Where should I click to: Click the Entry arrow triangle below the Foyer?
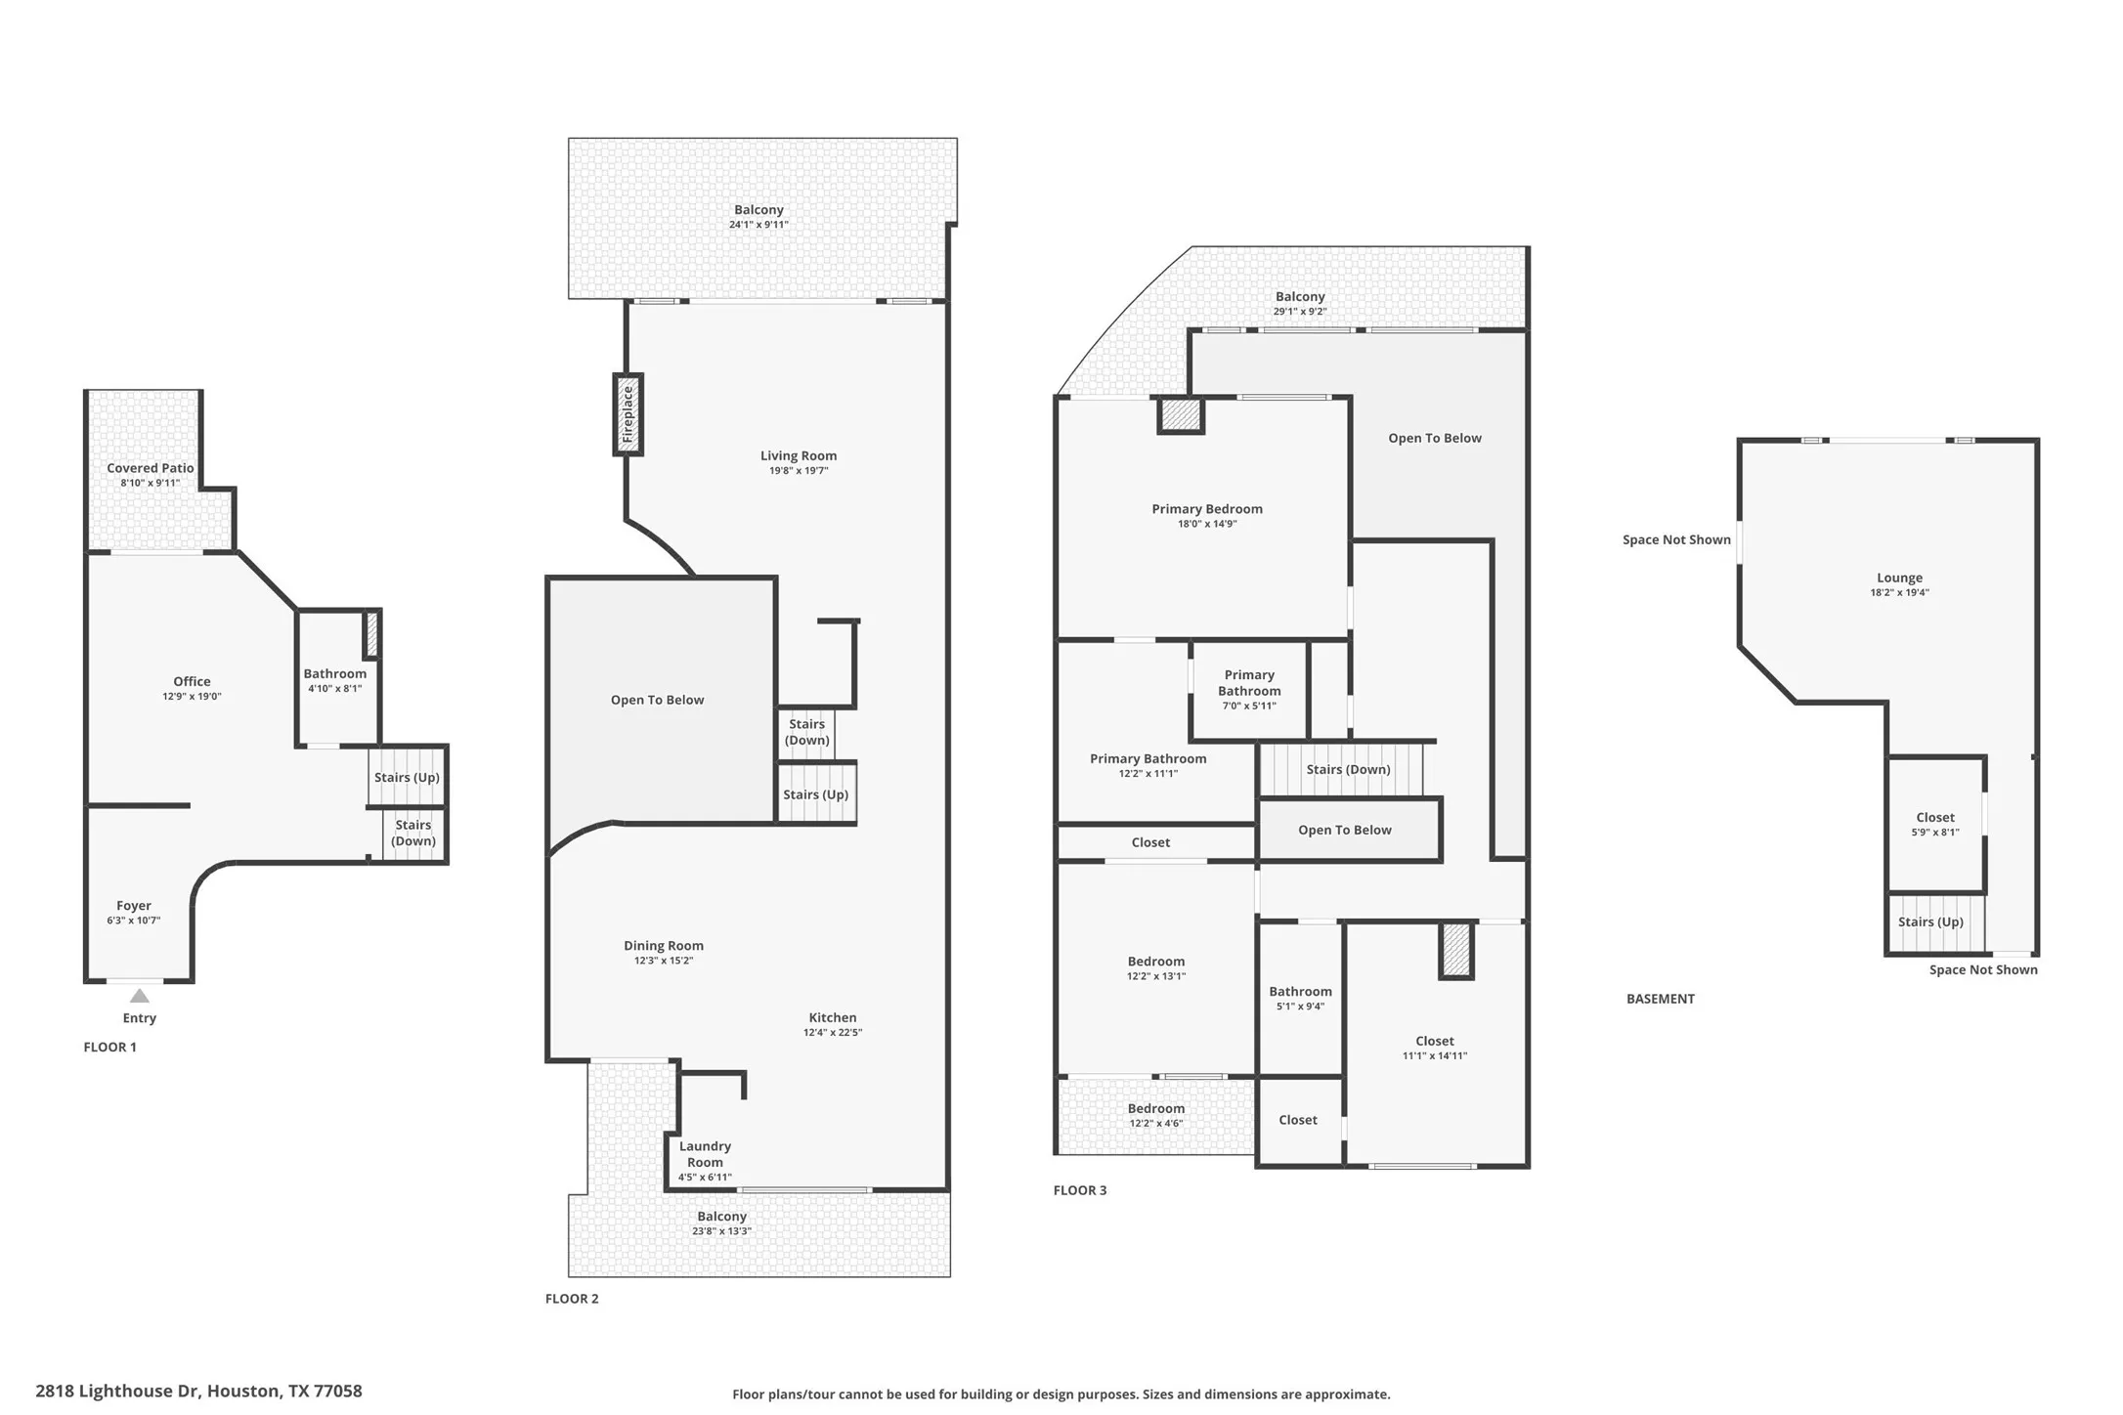click(x=140, y=996)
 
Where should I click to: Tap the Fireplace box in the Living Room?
click(x=628, y=414)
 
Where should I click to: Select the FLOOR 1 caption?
click(x=110, y=1047)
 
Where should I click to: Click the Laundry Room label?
click(x=705, y=1154)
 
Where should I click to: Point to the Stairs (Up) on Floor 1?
click(x=408, y=777)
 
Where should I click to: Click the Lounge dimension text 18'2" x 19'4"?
click(x=1899, y=592)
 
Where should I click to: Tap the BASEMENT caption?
click(x=1661, y=999)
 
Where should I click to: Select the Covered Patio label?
click(x=151, y=468)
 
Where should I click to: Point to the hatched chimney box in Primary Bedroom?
click(x=1181, y=415)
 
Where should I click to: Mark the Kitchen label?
click(x=833, y=1017)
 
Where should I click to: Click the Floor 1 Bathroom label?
click(x=335, y=673)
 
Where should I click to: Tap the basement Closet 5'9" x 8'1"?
click(x=1935, y=824)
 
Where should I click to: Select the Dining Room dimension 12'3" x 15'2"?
click(x=664, y=961)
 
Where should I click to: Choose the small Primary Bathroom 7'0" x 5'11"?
click(x=1249, y=690)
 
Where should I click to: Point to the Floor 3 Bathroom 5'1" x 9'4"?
click(x=1300, y=999)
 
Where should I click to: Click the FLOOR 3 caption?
click(x=1080, y=1190)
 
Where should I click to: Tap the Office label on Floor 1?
click(x=192, y=681)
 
